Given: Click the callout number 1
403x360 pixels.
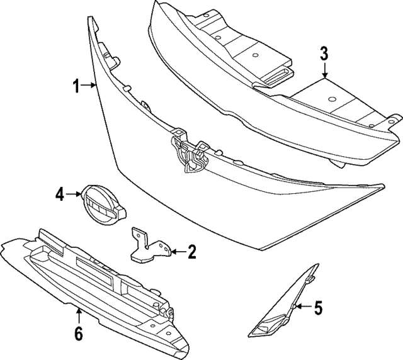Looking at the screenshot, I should (x=76, y=87).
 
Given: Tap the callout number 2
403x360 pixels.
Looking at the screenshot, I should (x=192, y=253).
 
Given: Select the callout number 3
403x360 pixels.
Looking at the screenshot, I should (x=324, y=53).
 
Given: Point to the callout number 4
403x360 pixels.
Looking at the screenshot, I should (x=59, y=195).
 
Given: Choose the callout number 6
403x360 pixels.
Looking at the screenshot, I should (x=78, y=333).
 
